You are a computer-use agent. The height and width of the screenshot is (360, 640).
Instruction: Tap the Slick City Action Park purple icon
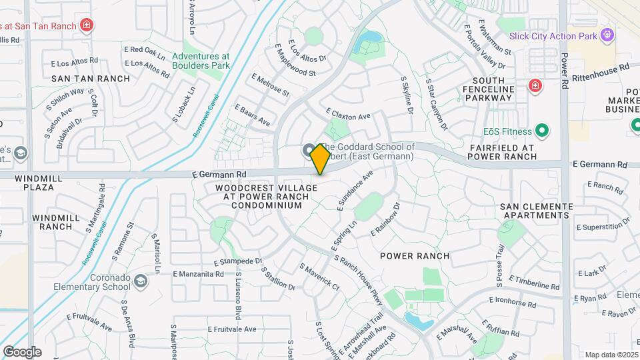coord(607,35)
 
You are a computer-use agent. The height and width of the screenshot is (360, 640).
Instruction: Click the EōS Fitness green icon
coord(542,131)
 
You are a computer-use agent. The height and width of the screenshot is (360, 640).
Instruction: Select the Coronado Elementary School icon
coord(141,282)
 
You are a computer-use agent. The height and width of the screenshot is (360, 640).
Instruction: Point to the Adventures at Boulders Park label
coord(201,61)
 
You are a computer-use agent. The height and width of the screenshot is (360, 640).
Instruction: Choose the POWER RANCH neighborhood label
coord(415,256)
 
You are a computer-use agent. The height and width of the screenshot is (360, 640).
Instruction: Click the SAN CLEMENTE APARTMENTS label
coord(537,211)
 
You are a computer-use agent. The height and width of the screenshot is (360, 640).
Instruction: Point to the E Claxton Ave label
coord(347,115)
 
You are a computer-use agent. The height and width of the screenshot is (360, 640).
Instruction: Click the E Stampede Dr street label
coord(238,261)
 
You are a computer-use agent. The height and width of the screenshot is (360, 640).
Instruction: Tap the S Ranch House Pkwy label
coord(358,281)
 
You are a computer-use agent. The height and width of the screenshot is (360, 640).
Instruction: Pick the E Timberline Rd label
coord(533,282)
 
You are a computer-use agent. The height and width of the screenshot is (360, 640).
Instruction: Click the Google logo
coord(22,351)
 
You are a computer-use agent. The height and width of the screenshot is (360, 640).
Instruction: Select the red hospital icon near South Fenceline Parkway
coord(534,85)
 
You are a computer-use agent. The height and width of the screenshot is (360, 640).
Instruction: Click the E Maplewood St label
coord(294,59)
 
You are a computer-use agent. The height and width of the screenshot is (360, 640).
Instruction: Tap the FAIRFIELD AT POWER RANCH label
coord(511,152)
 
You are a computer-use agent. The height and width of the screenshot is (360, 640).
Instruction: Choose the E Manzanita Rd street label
coord(198,274)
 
